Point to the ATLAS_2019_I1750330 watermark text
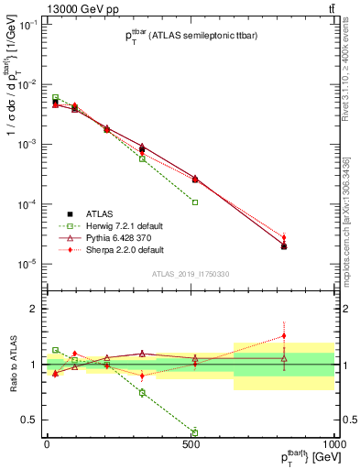point(190,273)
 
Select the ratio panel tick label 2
point(35,309)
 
